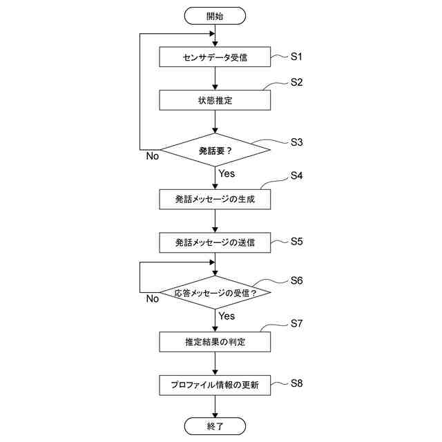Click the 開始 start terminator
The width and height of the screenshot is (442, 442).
[x=215, y=15]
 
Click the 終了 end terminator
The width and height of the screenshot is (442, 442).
[x=215, y=426]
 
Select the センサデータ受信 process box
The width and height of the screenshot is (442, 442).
[x=215, y=57]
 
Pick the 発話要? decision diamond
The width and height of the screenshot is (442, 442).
[x=215, y=149]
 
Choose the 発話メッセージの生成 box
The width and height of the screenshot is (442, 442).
[x=215, y=199]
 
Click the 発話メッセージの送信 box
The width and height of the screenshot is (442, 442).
[x=215, y=242]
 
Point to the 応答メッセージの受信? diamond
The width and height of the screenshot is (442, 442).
[x=215, y=292]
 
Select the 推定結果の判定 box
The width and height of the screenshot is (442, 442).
[x=215, y=342]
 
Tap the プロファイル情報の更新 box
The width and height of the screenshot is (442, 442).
[x=215, y=385]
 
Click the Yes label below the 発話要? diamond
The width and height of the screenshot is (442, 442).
[x=227, y=174]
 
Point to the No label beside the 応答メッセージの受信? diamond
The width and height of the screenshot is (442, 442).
[x=153, y=299]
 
